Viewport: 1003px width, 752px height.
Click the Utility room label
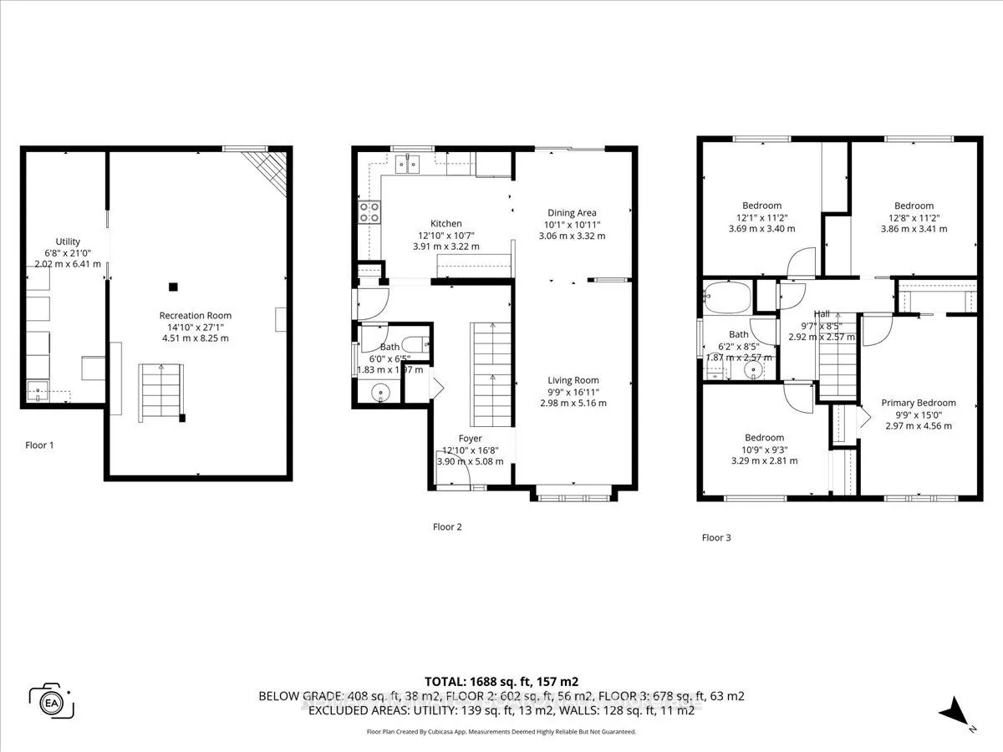pyautogui.click(x=68, y=241)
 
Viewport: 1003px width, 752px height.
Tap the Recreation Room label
pyautogui.click(x=195, y=315)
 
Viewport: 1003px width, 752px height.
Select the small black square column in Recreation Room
pyautogui.click(x=173, y=287)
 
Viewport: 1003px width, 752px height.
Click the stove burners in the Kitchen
pyautogui.click(x=369, y=212)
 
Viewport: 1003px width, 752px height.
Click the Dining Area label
pyautogui.click(x=572, y=212)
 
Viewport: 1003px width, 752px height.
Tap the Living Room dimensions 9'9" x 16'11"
pyautogui.click(x=573, y=392)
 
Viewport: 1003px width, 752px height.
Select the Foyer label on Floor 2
pyautogui.click(x=471, y=438)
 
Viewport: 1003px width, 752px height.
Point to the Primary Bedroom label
pyautogui.click(x=918, y=403)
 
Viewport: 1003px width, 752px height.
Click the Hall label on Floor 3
pyautogui.click(x=822, y=313)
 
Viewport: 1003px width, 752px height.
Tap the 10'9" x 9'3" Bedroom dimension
pyautogui.click(x=764, y=450)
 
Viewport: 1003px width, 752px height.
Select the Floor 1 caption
pyautogui.click(x=39, y=445)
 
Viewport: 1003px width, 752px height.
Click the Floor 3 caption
pyautogui.click(x=716, y=537)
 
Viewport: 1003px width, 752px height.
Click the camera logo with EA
pyautogui.click(x=51, y=699)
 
